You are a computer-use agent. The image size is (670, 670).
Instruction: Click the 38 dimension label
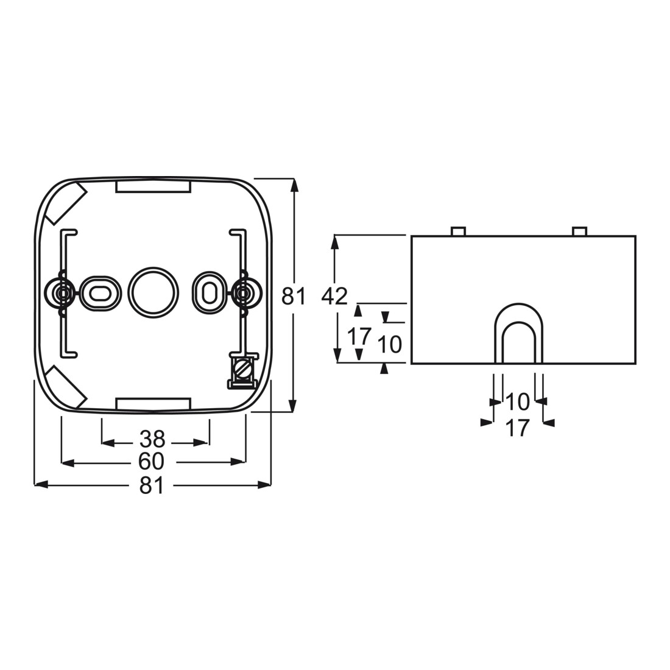pyautogui.click(x=152, y=439)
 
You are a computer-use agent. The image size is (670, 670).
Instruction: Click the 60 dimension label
pyautogui.click(x=152, y=462)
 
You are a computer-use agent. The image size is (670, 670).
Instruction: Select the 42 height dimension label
pyautogui.click(x=335, y=296)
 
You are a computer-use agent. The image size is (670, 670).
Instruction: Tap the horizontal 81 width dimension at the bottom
pyautogui.click(x=152, y=485)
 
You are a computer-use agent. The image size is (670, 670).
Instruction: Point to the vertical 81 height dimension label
pyautogui.click(x=294, y=296)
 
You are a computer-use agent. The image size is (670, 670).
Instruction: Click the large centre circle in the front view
pyautogui.click(x=153, y=293)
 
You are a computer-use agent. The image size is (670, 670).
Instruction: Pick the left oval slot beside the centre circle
pyautogui.click(x=99, y=293)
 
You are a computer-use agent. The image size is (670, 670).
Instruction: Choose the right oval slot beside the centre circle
pyautogui.click(x=209, y=293)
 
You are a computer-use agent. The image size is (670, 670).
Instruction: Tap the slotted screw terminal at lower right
pyautogui.click(x=242, y=370)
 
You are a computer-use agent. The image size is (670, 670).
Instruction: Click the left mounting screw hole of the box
pyautogui.click(x=63, y=294)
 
